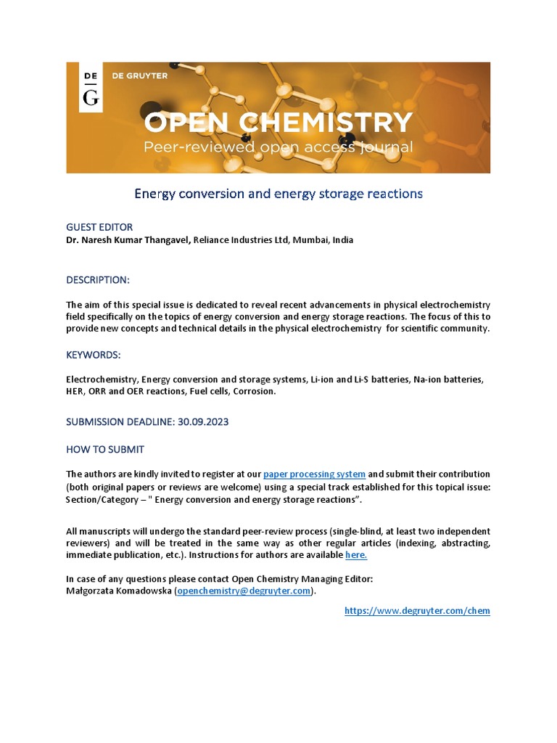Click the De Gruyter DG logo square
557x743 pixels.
[90, 87]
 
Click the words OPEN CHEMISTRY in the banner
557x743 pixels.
[278, 123]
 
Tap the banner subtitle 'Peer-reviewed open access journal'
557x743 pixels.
[278, 147]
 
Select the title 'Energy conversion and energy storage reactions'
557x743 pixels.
[278, 194]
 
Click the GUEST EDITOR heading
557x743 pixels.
[99, 227]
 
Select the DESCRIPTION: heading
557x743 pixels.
[98, 280]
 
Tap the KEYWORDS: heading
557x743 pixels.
[94, 355]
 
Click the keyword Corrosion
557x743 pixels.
[255, 391]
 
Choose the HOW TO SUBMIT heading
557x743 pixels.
[105, 449]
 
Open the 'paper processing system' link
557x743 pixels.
[314, 474]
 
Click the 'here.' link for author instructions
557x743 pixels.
[356, 555]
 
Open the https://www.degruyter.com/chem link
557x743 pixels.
[417, 611]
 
